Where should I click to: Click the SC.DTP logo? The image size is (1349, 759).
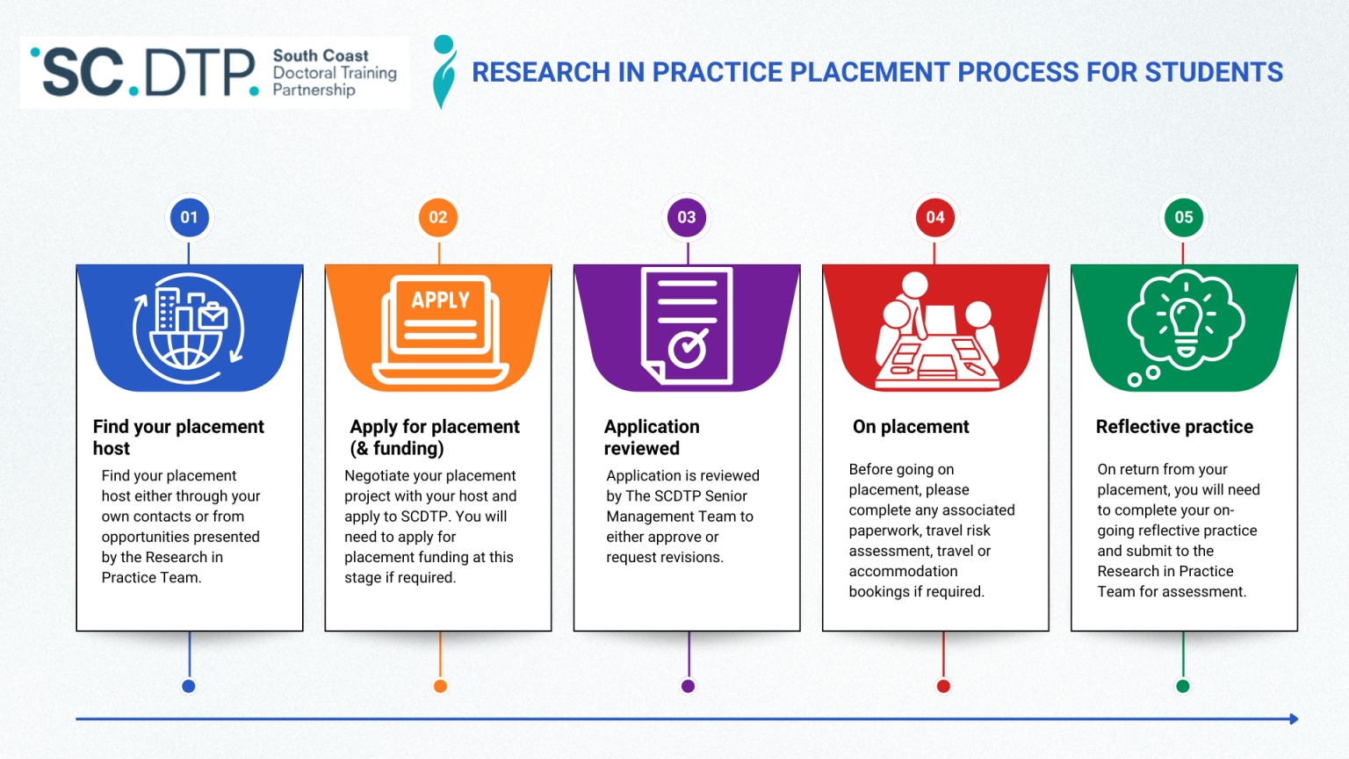pyautogui.click(x=214, y=72)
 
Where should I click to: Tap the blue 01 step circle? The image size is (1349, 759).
pyautogui.click(x=190, y=217)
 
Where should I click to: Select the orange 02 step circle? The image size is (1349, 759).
pyautogui.click(x=438, y=217)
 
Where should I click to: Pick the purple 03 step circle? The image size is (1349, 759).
pyautogui.click(x=687, y=217)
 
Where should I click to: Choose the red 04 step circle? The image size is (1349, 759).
pyautogui.click(x=935, y=217)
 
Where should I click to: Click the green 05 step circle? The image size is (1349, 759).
pyautogui.click(x=1184, y=217)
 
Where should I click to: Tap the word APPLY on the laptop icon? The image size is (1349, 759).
pyautogui.click(x=441, y=300)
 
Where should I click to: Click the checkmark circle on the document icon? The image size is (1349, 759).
pyautogui.click(x=688, y=350)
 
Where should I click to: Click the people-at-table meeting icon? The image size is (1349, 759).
pyautogui.click(x=936, y=332)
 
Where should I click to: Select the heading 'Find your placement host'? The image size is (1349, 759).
pyautogui.click(x=178, y=437)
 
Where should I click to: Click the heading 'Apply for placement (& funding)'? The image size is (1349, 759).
pyautogui.click(x=435, y=437)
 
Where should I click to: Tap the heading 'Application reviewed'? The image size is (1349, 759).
pyautogui.click(x=652, y=437)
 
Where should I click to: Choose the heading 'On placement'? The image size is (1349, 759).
pyautogui.click(x=911, y=427)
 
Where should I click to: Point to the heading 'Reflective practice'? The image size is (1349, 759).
pyautogui.click(x=1174, y=427)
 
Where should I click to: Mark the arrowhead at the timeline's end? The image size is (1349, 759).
pyautogui.click(x=1294, y=719)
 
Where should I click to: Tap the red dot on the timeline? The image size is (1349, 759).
pyautogui.click(x=943, y=686)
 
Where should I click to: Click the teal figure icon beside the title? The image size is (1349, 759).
pyautogui.click(x=444, y=72)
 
